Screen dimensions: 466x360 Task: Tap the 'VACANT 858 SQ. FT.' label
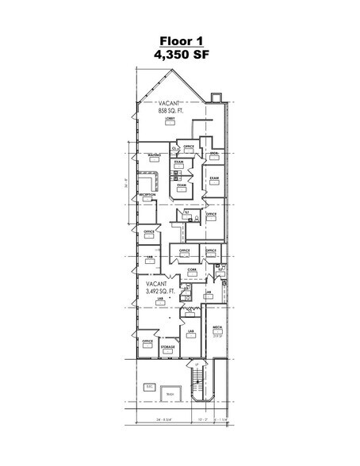click(x=170, y=108)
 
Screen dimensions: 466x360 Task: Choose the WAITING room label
click(x=155, y=155)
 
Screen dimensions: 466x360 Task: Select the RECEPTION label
click(x=147, y=193)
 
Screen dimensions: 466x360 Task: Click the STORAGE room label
click(x=167, y=346)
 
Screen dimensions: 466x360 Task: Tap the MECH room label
click(x=216, y=327)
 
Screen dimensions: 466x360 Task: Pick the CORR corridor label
click(x=192, y=269)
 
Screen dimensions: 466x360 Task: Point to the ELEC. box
click(x=149, y=387)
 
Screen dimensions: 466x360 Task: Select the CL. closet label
click(x=174, y=148)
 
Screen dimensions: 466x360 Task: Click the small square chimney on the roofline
click(x=213, y=97)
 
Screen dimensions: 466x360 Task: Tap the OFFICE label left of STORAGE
click(x=147, y=342)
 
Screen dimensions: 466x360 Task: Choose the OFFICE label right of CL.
click(x=189, y=147)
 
